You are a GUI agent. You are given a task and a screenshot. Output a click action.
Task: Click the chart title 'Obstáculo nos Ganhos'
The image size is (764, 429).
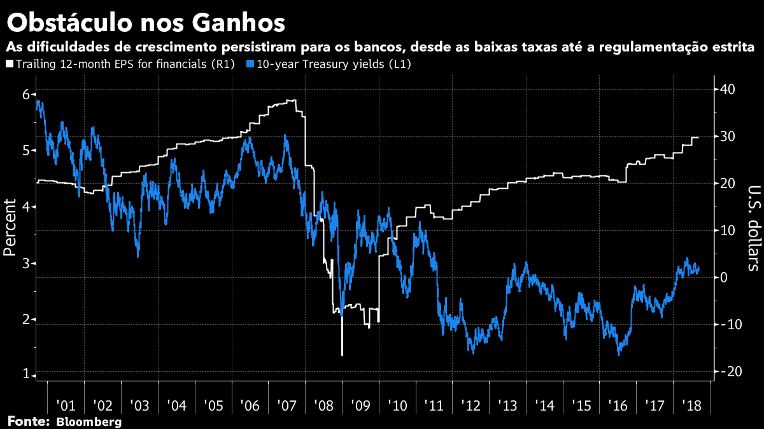point(145,24)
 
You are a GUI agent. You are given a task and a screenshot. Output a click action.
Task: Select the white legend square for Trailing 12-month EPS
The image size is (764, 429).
point(10,64)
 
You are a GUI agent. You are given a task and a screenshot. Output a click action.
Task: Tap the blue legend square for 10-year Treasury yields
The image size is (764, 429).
point(250,64)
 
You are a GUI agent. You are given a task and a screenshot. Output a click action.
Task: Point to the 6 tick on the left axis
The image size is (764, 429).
point(25,94)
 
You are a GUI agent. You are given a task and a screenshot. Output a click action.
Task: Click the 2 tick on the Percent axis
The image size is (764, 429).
point(25,319)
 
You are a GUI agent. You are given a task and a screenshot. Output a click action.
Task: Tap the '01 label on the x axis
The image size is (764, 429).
point(66,405)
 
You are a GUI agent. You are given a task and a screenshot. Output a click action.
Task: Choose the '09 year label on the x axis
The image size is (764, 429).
point(360,405)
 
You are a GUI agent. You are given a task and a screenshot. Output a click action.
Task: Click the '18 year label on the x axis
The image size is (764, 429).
point(692,405)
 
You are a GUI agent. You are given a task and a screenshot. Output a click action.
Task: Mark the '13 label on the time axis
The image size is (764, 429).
point(507,405)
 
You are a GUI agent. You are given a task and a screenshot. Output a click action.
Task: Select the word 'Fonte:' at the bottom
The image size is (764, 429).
point(28,422)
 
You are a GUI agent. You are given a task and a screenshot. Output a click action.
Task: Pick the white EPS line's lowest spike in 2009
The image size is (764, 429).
point(342,355)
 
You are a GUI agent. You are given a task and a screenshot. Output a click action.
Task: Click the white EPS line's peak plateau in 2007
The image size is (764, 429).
point(290,100)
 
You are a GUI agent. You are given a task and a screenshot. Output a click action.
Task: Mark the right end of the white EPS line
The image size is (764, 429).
point(698,137)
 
